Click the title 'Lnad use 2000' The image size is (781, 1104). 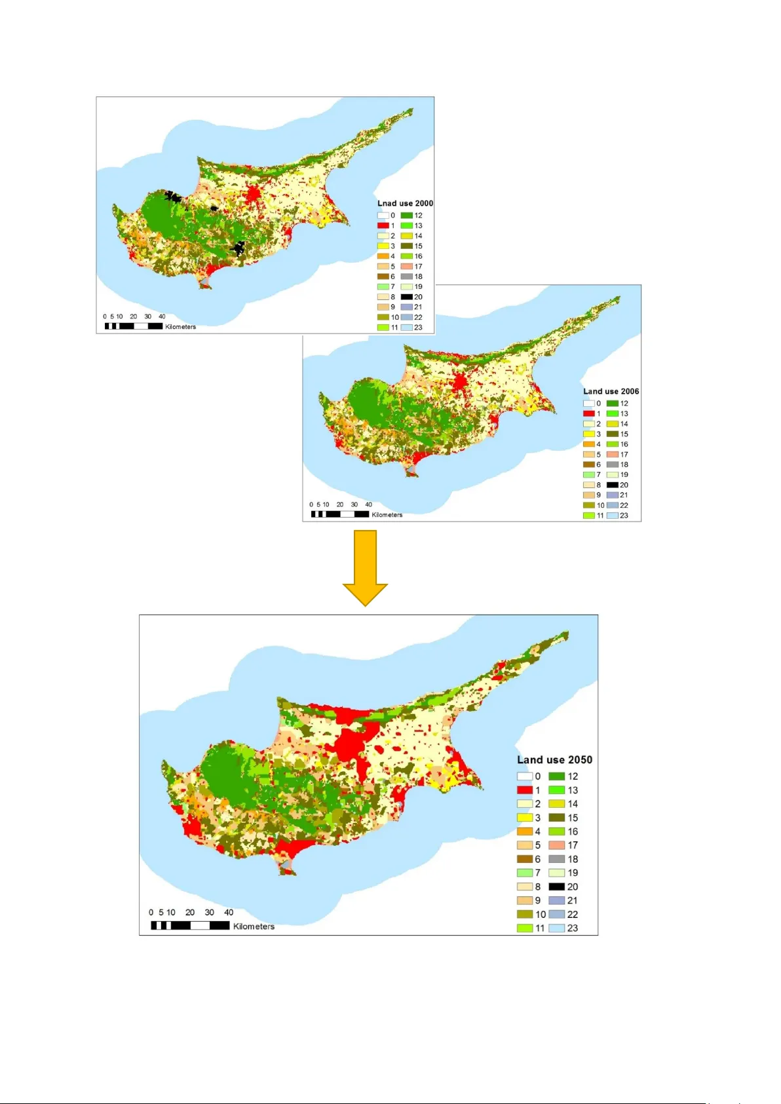tap(405, 203)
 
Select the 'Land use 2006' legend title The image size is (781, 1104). tap(611, 391)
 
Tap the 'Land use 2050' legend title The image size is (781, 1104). tap(554, 759)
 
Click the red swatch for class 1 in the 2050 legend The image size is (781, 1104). tap(524, 790)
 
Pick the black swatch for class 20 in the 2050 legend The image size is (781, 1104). tap(556, 886)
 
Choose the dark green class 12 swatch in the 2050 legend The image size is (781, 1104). tap(556, 776)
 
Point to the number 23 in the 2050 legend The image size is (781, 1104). tap(573, 928)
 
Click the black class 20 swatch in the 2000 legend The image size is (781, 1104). tap(406, 297)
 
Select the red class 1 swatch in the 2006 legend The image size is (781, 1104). tap(588, 413)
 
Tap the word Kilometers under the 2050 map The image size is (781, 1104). tap(254, 926)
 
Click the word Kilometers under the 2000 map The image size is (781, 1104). tap(180, 326)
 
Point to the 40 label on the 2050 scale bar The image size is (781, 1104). tap(229, 912)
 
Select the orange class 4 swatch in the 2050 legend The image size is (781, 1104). tap(524, 831)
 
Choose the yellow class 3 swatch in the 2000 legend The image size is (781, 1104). tap(383, 246)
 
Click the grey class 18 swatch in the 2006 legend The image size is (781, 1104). tap(612, 465)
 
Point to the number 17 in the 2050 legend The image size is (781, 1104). tap(573, 845)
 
